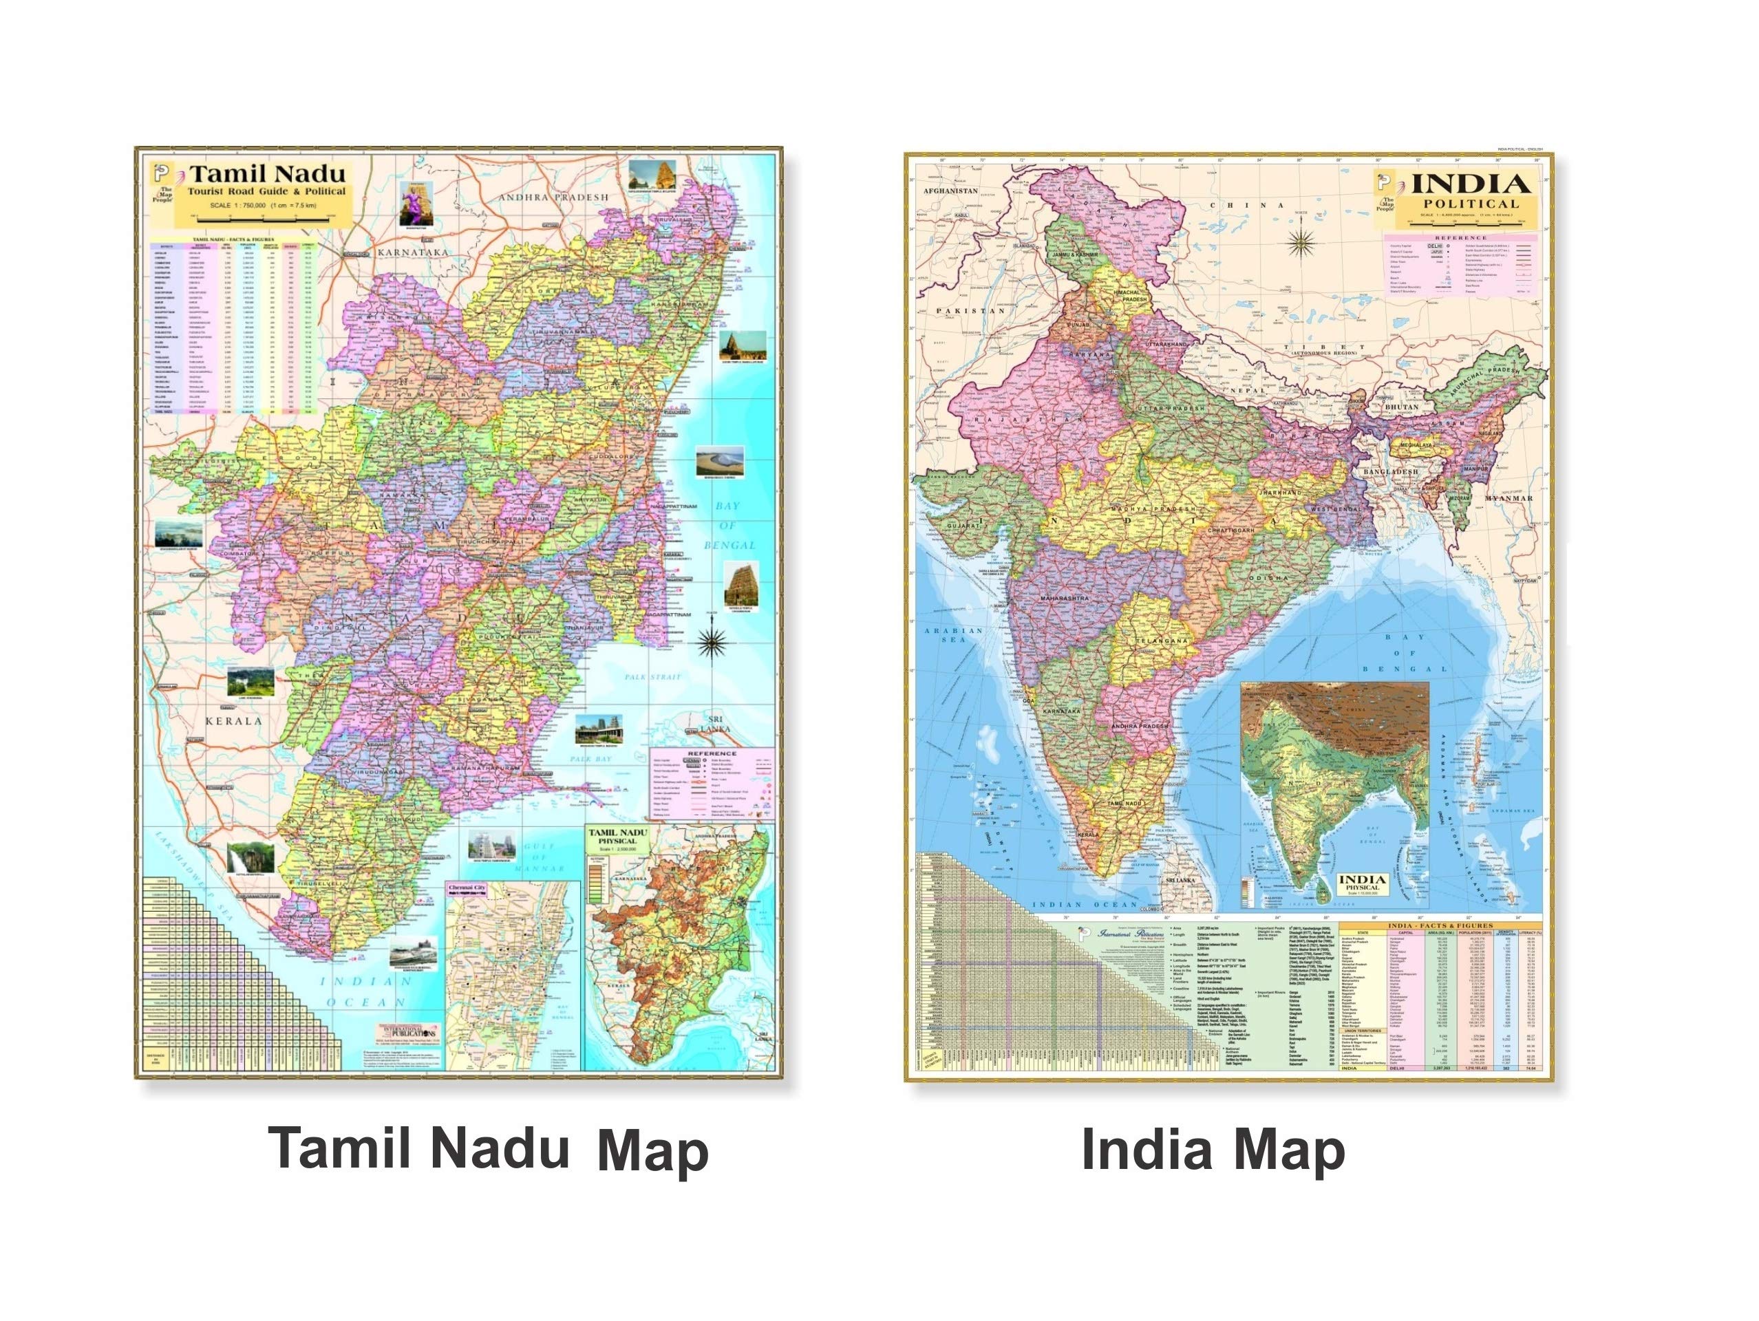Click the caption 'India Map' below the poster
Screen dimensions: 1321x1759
pyautogui.click(x=1213, y=1151)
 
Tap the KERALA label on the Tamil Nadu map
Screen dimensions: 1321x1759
pyautogui.click(x=233, y=722)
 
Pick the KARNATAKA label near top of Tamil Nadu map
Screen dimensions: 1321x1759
pyautogui.click(x=414, y=252)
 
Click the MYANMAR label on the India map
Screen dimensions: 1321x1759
pyautogui.click(x=1508, y=498)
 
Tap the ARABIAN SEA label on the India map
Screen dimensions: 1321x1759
pyautogui.click(x=943, y=635)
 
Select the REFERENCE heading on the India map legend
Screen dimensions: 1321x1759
pyautogui.click(x=1461, y=237)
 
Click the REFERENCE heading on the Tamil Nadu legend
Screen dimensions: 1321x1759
pyautogui.click(x=712, y=753)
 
